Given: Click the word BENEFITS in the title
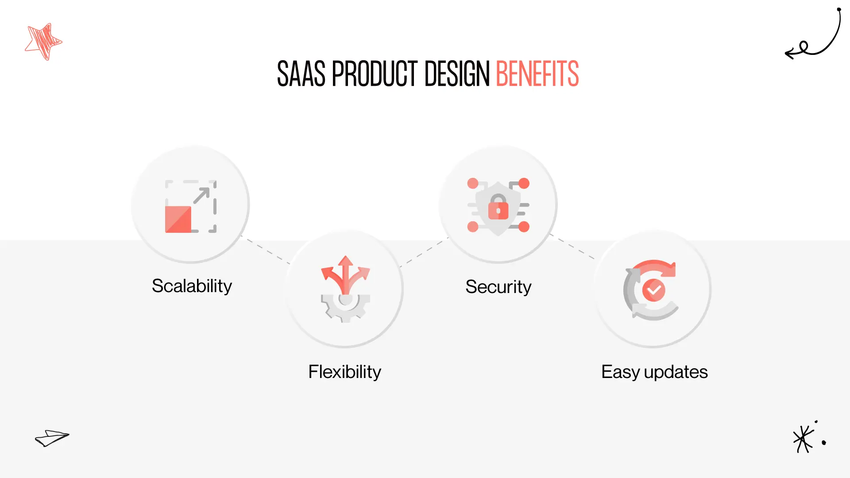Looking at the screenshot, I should point(537,74).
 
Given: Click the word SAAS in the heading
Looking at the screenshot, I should point(301,74).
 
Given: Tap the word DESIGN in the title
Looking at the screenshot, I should point(457,74).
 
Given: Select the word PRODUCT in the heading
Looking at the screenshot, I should point(375,74).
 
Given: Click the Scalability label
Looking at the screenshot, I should point(192,286).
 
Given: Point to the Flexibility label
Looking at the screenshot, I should point(344,372).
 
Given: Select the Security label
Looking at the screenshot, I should point(498,287).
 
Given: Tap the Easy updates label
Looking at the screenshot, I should point(654,372).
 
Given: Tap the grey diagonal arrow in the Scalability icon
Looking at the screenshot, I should point(201,195).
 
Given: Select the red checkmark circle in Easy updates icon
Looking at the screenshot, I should point(654,290).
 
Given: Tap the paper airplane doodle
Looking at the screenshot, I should point(52,438).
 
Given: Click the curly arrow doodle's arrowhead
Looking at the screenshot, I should point(789,54).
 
